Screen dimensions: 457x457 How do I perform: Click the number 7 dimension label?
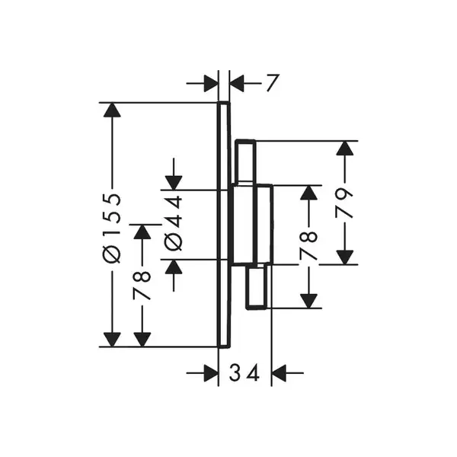273,83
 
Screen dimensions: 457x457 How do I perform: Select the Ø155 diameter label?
112,228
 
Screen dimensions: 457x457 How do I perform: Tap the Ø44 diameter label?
174,223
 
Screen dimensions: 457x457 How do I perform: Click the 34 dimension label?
244,373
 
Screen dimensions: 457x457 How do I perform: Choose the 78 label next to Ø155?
142,286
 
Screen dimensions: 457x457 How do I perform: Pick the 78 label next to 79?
308,245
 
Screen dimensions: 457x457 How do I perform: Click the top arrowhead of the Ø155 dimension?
112,110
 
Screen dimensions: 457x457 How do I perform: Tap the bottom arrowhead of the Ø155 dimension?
112,340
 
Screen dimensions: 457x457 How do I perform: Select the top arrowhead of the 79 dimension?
345,148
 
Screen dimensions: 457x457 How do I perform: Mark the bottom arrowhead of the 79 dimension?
345,257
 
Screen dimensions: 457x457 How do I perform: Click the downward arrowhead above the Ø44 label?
174,183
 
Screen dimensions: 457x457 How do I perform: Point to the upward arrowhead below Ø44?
174,267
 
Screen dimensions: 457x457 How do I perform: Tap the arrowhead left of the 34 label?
211,372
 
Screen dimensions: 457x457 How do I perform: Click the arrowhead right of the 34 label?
279,372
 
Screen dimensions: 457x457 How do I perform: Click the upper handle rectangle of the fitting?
246,161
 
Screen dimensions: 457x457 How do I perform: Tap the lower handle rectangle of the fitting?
257,286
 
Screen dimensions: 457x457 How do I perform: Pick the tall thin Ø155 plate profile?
224,225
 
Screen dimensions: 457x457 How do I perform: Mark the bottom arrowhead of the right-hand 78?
308,301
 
